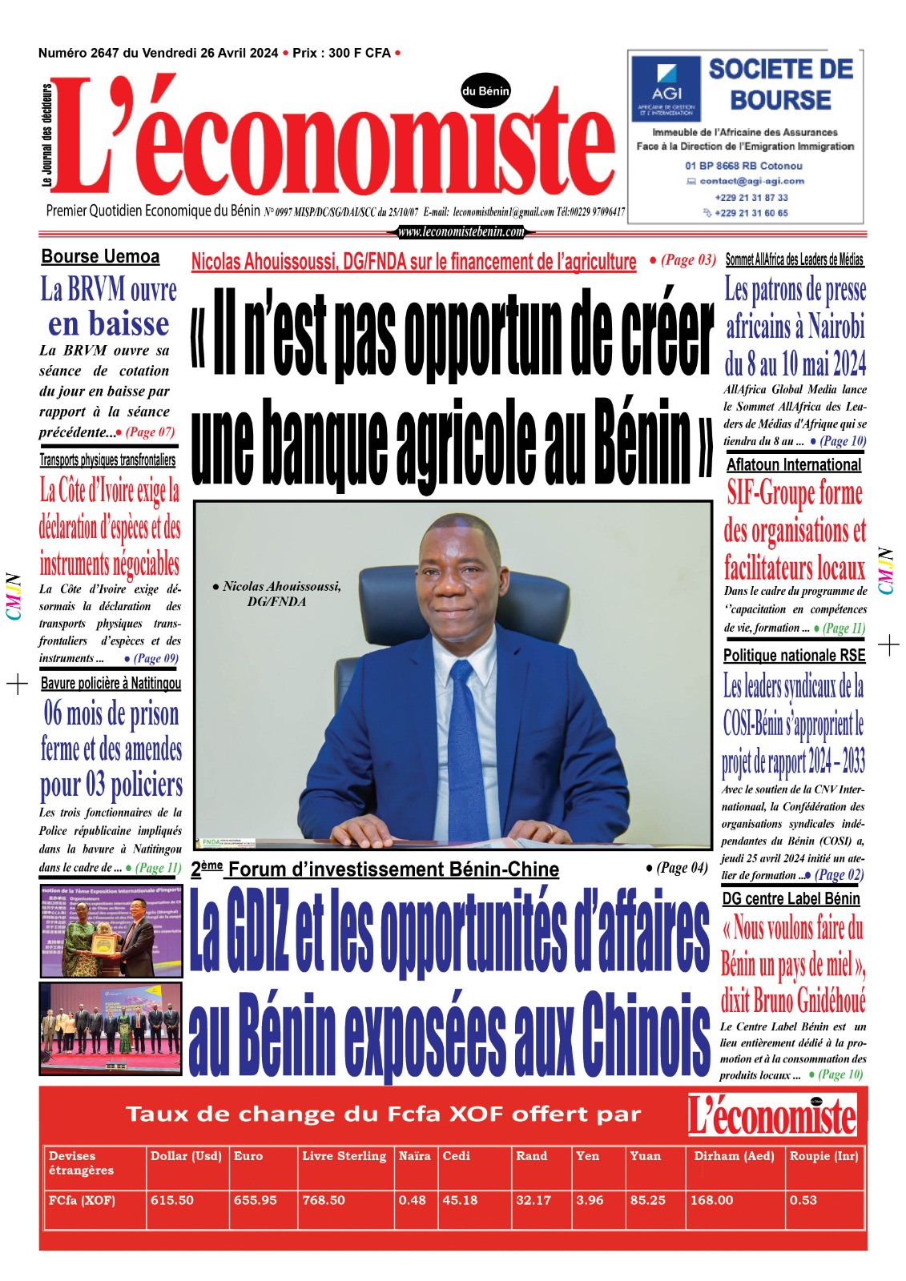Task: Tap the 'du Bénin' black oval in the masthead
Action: pos(485,91)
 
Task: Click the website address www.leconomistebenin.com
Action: pos(461,232)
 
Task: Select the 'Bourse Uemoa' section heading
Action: pos(100,257)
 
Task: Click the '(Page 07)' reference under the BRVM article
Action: pos(150,432)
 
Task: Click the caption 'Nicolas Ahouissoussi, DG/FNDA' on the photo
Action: pos(277,593)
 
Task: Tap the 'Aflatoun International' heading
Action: pos(794,465)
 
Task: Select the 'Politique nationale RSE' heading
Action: pos(794,656)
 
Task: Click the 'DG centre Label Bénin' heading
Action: pos(791,898)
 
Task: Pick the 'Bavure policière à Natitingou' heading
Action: pos(111,684)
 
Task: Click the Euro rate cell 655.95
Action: pos(255,1200)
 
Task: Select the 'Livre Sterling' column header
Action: pos(344,1156)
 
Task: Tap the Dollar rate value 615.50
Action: pos(171,1200)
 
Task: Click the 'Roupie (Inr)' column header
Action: pos(823,1156)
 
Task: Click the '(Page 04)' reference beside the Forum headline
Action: pos(677,868)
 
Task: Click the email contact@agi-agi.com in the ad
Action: pos(751,181)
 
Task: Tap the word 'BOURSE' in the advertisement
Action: pos(780,100)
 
